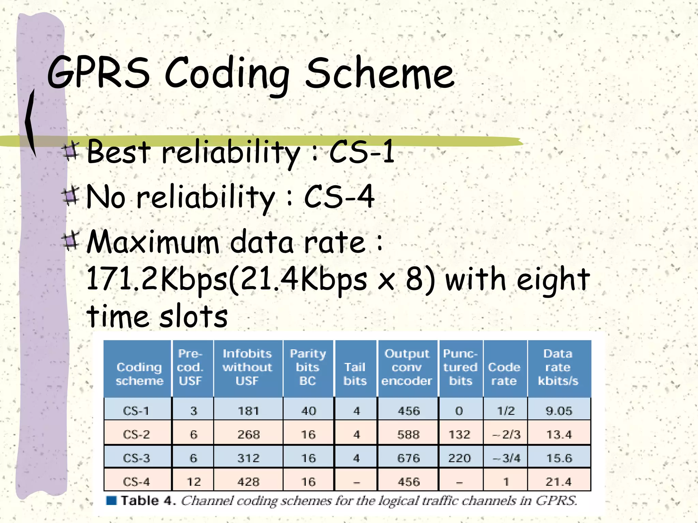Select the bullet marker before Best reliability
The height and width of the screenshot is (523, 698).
point(71,152)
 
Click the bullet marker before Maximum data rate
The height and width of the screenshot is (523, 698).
point(71,241)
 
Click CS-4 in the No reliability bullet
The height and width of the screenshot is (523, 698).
point(339,196)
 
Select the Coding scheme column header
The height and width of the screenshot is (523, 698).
point(139,374)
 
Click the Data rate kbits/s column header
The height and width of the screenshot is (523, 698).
point(558,367)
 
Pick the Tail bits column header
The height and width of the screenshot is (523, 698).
point(355,374)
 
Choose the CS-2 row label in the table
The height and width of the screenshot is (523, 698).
point(136,434)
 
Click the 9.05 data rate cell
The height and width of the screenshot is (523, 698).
point(559,411)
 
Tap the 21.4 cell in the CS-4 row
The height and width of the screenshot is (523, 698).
point(558,482)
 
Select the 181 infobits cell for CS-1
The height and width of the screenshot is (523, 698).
point(248,411)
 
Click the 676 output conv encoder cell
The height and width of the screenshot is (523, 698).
point(409,458)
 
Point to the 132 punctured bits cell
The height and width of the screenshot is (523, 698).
point(459,434)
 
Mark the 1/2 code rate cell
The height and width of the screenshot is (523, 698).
point(506,411)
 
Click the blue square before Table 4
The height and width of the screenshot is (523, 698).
point(111,501)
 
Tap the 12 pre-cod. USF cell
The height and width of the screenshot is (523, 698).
point(194,482)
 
